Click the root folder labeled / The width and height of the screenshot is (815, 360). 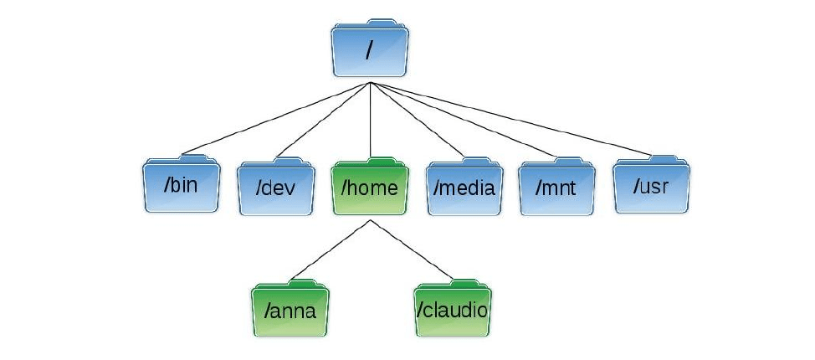tap(369, 49)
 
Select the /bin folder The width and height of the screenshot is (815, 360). tap(180, 184)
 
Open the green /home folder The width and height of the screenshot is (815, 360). tap(369, 186)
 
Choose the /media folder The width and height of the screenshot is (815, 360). tap(464, 186)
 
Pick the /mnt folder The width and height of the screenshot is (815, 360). tap(556, 186)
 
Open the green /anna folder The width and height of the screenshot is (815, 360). tap(290, 311)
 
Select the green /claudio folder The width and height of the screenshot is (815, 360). tap(453, 310)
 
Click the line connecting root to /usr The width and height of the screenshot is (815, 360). tap(510, 119)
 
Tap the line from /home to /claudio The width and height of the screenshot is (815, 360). tap(409, 249)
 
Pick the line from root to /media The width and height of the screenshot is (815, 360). tap(417, 121)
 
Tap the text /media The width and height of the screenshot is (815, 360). tap(464, 188)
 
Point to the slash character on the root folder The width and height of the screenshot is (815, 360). tap(369, 50)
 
